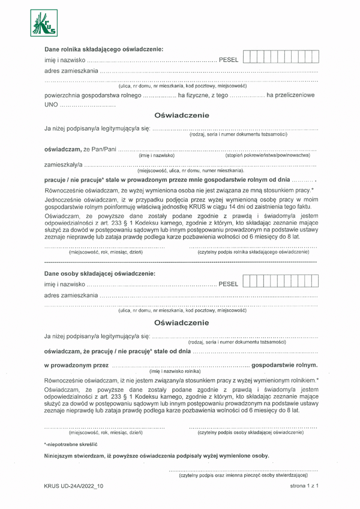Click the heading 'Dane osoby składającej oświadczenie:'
point(100,274)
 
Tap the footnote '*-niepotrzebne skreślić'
point(70,444)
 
